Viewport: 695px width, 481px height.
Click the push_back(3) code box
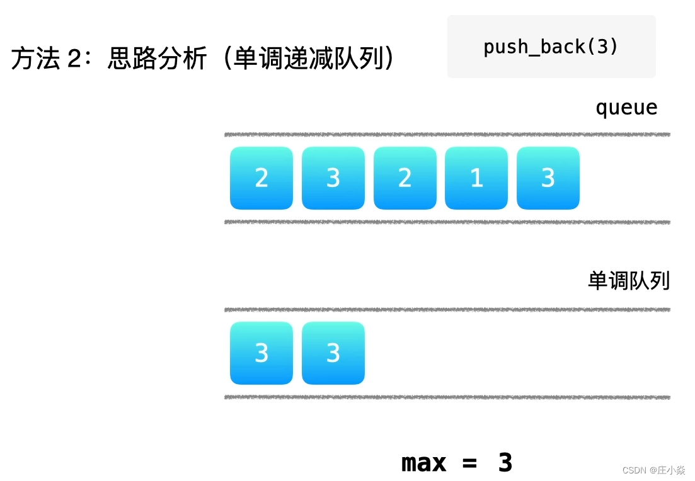(551, 47)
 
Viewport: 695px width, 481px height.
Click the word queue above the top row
(626, 108)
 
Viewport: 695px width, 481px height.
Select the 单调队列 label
(628, 281)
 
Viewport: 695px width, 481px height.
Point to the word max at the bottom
(423, 463)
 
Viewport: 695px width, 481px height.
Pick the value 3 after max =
(505, 463)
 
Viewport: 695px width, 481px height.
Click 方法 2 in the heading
(47, 59)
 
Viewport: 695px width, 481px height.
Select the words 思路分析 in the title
(157, 59)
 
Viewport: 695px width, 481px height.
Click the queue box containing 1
(476, 178)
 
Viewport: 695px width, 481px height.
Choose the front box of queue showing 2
(261, 178)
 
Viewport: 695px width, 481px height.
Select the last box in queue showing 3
(548, 178)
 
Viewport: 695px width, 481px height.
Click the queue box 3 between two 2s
(333, 178)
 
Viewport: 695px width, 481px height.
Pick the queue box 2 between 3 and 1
(405, 178)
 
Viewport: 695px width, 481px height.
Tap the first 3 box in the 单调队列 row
(261, 353)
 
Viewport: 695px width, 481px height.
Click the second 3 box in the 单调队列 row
(333, 353)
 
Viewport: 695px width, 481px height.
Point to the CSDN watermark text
(635, 470)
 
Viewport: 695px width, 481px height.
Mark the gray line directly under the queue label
(447, 135)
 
